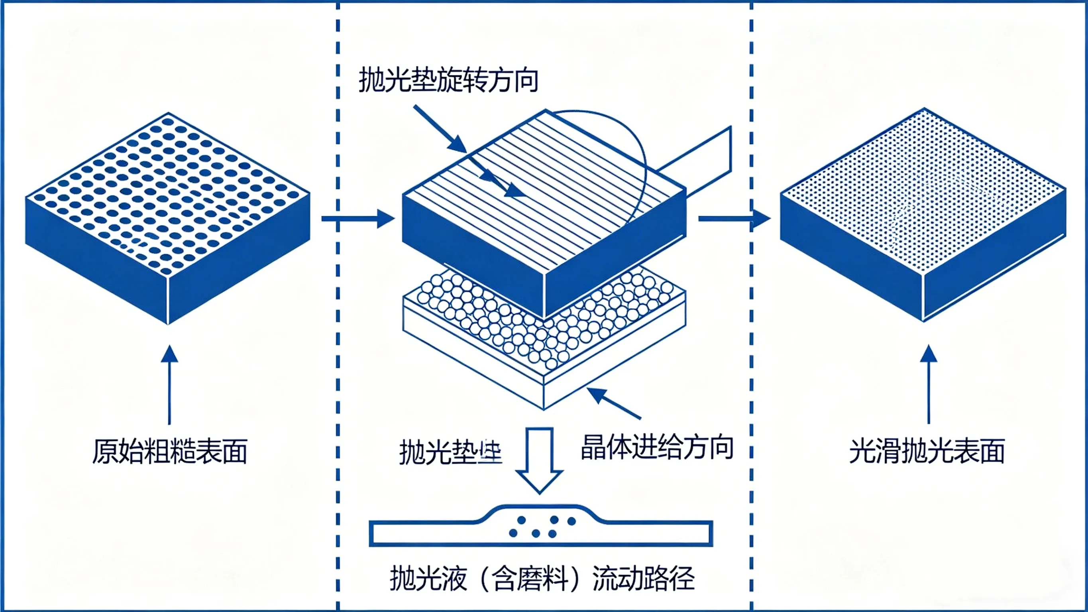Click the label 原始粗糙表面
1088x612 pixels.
click(x=170, y=451)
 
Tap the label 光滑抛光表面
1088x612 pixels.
click(x=927, y=451)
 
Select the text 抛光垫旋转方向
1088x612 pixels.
click(x=448, y=80)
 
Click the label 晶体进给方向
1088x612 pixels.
click(x=657, y=447)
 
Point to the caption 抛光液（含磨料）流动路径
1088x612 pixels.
click(x=542, y=578)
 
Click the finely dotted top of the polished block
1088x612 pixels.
click(x=923, y=190)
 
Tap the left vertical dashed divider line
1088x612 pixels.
click(x=338, y=304)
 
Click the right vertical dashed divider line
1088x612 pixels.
click(x=751, y=304)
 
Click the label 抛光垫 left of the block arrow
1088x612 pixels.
click(x=450, y=452)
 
